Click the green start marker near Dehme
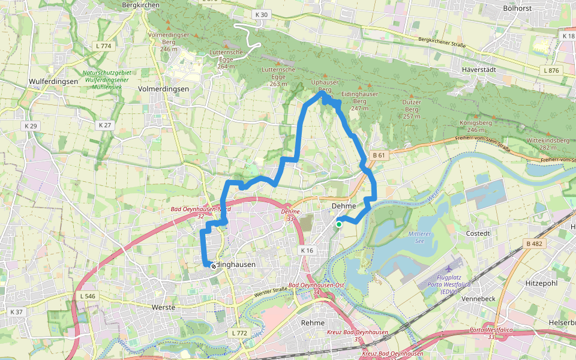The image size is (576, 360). [x=339, y=224]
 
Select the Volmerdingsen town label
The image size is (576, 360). [x=163, y=89]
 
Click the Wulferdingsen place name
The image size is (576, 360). [x=53, y=81]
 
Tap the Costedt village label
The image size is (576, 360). [x=478, y=232]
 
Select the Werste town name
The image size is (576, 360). [x=164, y=307]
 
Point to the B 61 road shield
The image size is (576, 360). [x=378, y=155]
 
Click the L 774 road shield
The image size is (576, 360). [x=104, y=46]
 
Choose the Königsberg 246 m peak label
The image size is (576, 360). [x=475, y=126]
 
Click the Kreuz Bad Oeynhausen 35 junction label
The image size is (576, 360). [x=358, y=335]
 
